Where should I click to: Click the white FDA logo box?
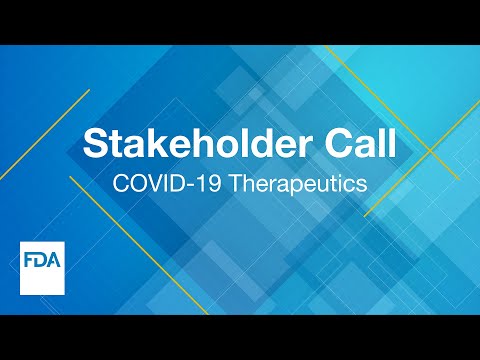(43, 267)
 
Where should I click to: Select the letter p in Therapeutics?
(297, 187)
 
